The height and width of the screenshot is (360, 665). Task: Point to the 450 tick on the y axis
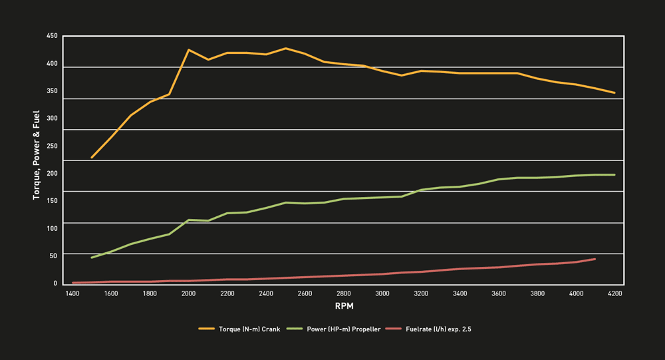coord(52,36)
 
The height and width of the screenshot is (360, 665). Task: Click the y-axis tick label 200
coord(52,173)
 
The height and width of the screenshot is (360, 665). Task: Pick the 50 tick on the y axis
coord(54,256)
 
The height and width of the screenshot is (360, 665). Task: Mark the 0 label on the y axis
coord(56,283)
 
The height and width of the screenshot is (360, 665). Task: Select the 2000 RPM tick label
coord(188,293)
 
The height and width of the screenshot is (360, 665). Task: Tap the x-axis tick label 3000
coord(382,293)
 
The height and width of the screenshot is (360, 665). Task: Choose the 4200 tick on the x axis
coord(614,293)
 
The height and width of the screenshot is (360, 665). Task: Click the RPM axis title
coord(344,307)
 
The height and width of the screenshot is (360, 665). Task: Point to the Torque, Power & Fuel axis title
coord(37,156)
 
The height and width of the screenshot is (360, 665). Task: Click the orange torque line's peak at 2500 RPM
coord(285,49)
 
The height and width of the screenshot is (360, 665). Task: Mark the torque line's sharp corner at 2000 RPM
coord(189,50)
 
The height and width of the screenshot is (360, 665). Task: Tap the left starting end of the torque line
coord(92,158)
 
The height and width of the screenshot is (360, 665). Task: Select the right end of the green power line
coord(614,175)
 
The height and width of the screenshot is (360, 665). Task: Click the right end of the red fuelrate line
coord(595,259)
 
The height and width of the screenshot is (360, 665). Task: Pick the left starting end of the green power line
coord(92,258)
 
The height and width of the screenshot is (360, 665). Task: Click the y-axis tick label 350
coord(52,90)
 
